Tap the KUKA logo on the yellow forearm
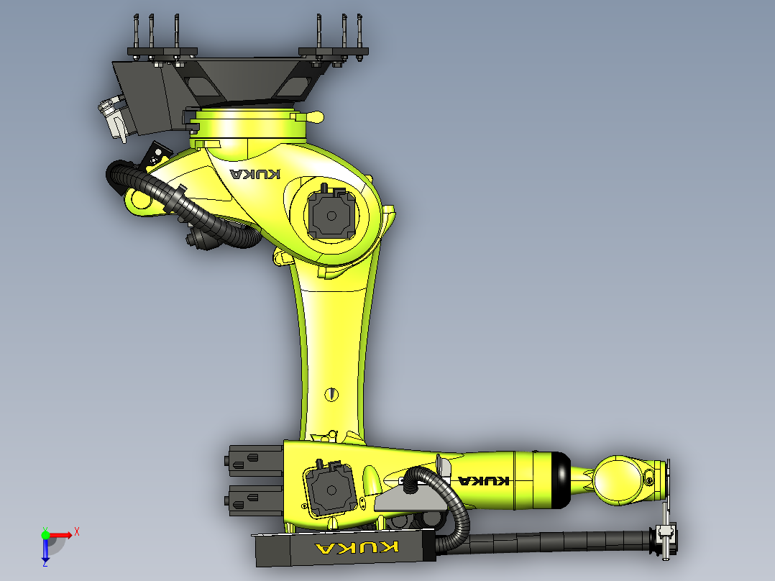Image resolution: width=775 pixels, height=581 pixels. [484, 480]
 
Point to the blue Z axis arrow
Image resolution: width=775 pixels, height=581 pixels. [45, 550]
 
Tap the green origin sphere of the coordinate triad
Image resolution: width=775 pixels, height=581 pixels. [45, 534]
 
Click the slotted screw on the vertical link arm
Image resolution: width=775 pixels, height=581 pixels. [331, 393]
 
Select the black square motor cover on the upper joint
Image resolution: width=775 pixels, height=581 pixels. [331, 214]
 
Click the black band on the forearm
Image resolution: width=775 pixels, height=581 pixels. [561, 480]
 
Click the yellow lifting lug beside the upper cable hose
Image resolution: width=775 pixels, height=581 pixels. [139, 202]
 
